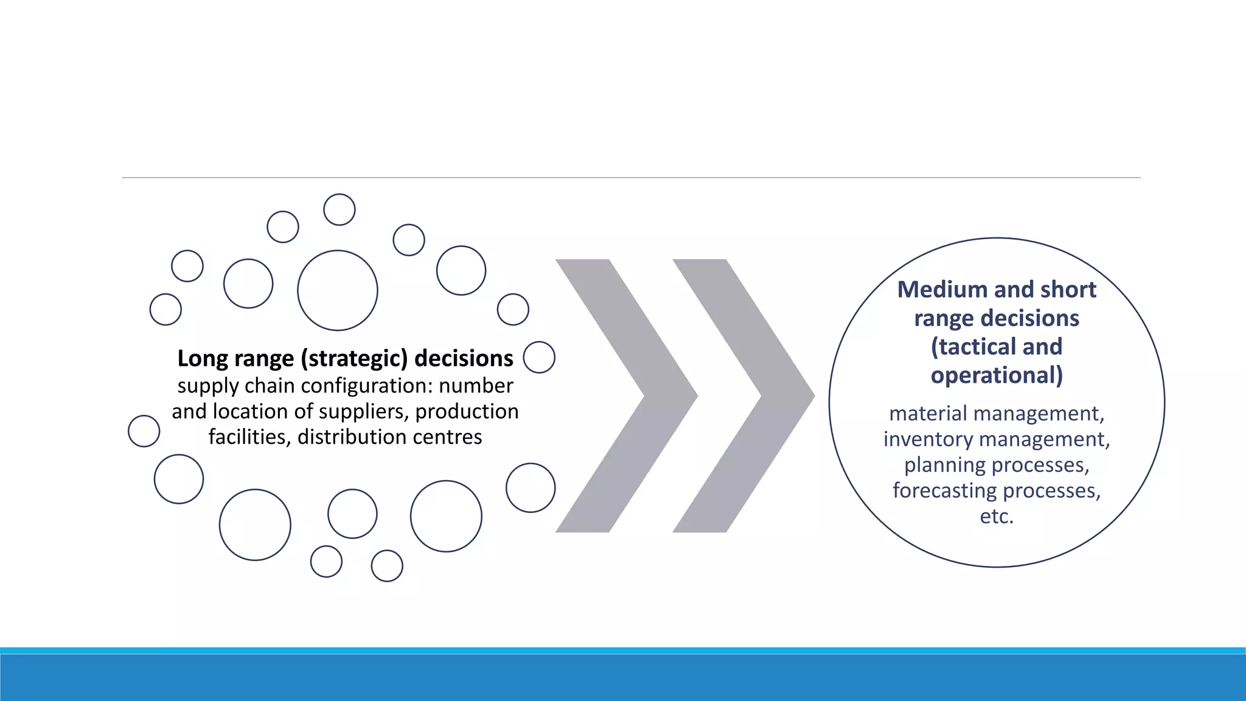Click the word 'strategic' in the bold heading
(x=354, y=359)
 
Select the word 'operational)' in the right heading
(x=997, y=375)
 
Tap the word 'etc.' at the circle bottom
(x=997, y=517)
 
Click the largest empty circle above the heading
(x=338, y=290)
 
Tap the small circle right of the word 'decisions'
(x=539, y=357)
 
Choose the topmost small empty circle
(x=339, y=210)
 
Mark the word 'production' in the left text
(x=467, y=412)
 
